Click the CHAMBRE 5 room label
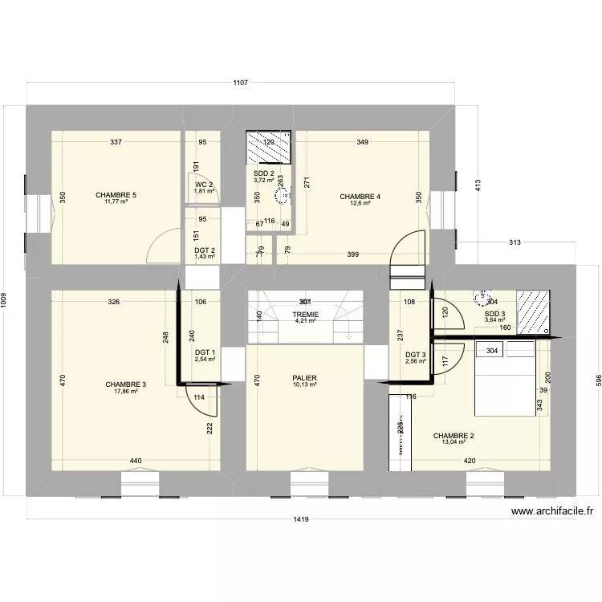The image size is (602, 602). pos(116,195)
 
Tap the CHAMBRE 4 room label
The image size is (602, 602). pos(360,197)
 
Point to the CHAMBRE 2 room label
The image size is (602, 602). pos(454,437)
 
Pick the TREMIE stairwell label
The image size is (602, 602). pos(306,315)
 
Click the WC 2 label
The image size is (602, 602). pos(204,185)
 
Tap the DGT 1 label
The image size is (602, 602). pos(205,352)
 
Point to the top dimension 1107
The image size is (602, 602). pos(239,83)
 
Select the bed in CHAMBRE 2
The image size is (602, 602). pos(506,376)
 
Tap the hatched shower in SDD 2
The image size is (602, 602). pos(269,148)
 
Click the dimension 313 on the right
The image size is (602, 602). pos(515,243)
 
